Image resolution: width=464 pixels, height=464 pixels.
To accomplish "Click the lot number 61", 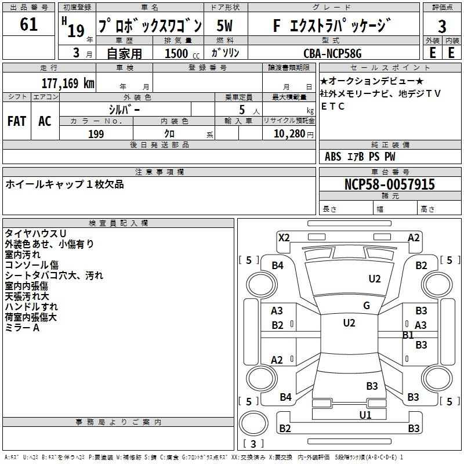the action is [28, 24].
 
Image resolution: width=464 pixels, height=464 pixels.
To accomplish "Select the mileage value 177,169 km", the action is [68, 84].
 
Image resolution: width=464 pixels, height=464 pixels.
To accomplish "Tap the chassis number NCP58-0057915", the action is [390, 184].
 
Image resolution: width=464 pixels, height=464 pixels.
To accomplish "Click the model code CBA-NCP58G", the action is [332, 53].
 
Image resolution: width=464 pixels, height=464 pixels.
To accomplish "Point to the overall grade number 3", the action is [442, 26].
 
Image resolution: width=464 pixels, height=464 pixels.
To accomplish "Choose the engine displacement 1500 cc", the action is [182, 53].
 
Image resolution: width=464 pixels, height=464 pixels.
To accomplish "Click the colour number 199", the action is [96, 134].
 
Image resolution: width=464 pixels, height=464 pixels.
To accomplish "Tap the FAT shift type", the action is [17, 121].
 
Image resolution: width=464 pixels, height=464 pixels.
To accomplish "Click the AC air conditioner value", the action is [45, 121].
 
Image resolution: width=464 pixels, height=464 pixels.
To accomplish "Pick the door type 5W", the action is [224, 26].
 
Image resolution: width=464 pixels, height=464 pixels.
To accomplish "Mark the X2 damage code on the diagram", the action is [284, 238].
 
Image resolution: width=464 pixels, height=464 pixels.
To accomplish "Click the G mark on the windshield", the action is [367, 306].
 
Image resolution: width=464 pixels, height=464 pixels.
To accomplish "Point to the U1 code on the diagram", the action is [365, 415].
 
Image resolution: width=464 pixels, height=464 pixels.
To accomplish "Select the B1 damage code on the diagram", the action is [408, 335].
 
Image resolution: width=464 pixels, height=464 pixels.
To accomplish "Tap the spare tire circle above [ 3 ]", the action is [253, 423].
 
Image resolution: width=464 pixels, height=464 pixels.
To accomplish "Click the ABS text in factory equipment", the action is [333, 157].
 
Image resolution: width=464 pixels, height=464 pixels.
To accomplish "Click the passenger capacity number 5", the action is [242, 110].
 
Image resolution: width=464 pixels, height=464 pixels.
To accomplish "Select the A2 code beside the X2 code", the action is [414, 238].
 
